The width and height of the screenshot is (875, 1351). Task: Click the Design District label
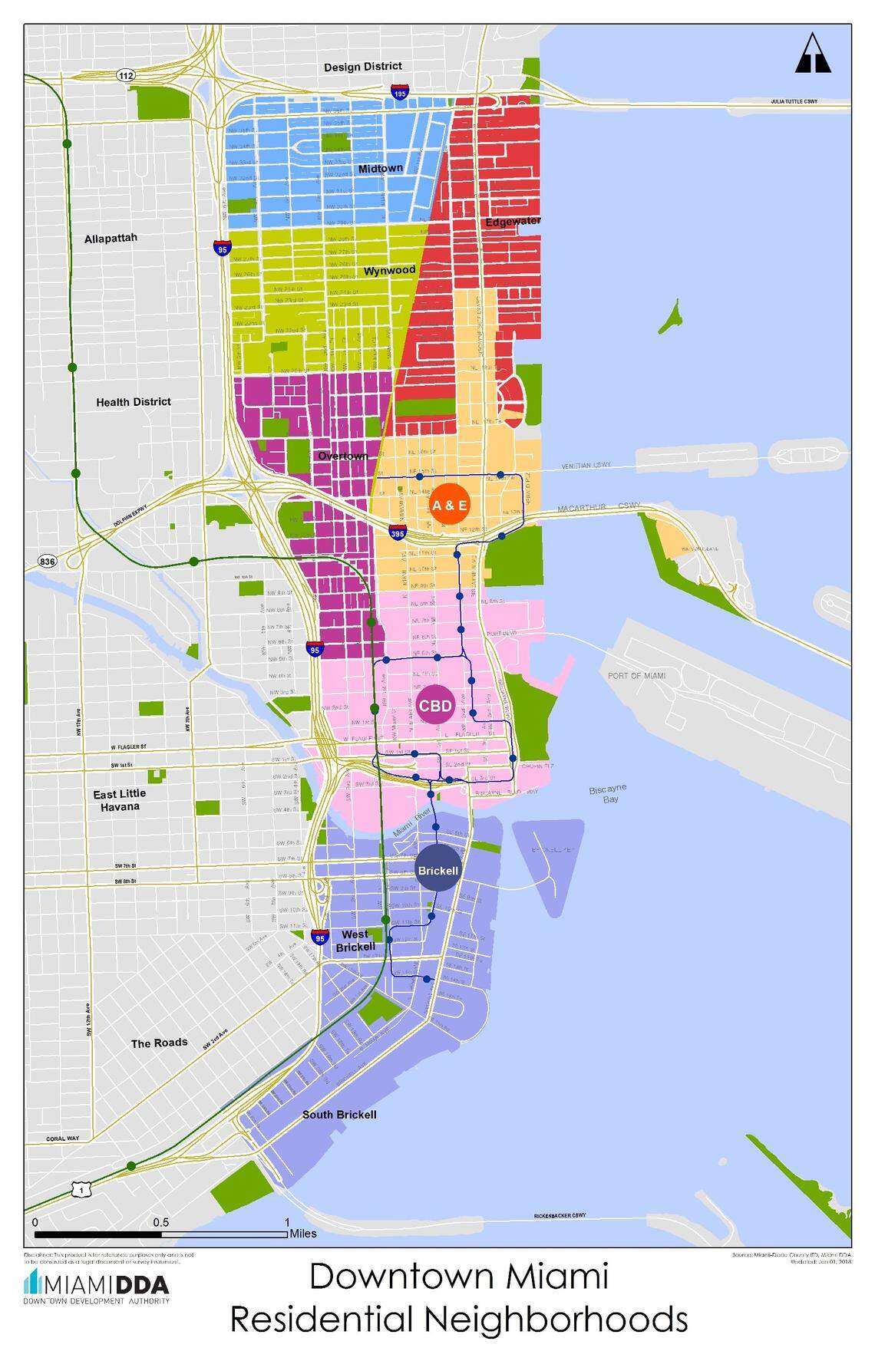(x=362, y=67)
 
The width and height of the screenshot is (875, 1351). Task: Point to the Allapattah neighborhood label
(x=111, y=238)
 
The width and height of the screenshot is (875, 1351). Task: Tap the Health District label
(x=134, y=401)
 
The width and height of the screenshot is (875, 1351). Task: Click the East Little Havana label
(x=119, y=799)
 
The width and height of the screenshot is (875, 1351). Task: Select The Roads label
(x=159, y=1043)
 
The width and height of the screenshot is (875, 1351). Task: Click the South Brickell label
(x=339, y=1114)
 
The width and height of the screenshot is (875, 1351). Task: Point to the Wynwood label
(x=389, y=271)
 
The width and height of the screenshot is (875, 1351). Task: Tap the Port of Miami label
(x=636, y=676)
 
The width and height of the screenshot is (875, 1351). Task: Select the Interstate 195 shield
(x=399, y=92)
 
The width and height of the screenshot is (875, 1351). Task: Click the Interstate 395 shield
(x=397, y=532)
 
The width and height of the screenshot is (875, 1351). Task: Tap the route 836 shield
(x=47, y=562)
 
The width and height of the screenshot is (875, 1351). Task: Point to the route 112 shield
(x=126, y=75)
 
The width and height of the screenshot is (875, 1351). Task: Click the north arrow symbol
(x=813, y=54)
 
